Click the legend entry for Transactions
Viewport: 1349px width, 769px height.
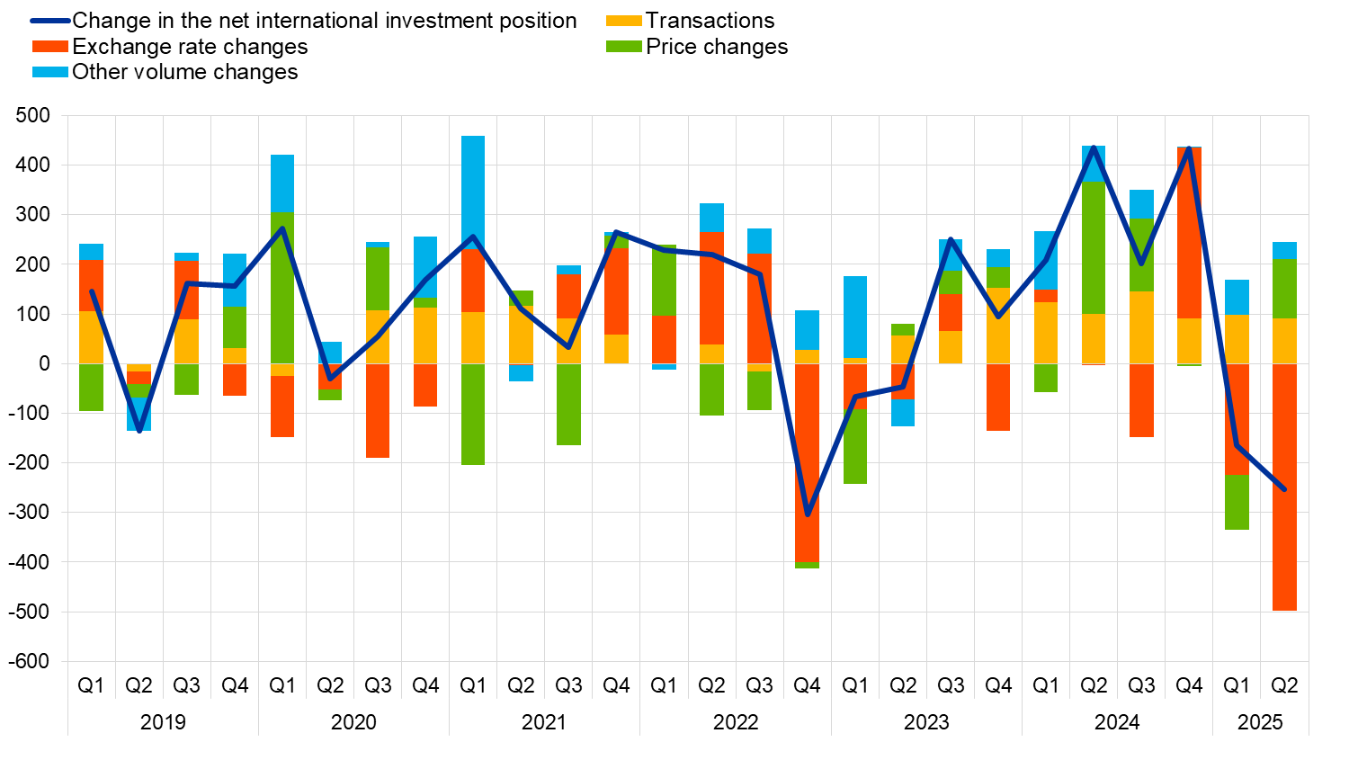709,21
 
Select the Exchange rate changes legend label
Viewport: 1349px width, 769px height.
189,47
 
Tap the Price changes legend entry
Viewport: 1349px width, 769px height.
716,47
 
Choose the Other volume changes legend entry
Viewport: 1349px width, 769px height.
184,72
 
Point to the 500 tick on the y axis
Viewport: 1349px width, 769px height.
32,115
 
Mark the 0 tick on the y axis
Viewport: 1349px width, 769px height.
43,363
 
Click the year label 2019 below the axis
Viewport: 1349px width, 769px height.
163,722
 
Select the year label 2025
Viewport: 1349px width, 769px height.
1260,722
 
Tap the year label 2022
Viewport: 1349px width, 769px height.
736,722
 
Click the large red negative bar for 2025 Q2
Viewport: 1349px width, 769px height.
1284,487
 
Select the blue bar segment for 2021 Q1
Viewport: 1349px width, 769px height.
473,192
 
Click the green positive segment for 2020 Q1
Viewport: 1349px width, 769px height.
282,288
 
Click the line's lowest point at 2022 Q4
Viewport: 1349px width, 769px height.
807,514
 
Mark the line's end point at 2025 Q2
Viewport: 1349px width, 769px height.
1284,489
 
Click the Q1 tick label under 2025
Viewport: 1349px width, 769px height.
1237,685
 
